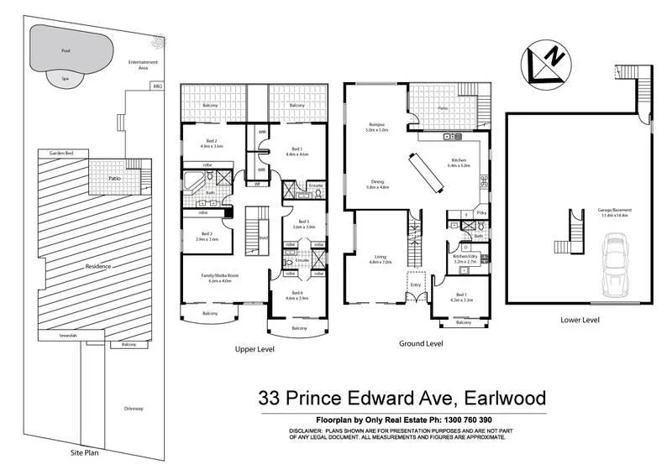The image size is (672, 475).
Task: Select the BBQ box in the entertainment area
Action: tap(156, 86)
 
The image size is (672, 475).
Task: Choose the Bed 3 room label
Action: tap(206, 236)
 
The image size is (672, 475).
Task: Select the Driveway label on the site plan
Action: tap(134, 409)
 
